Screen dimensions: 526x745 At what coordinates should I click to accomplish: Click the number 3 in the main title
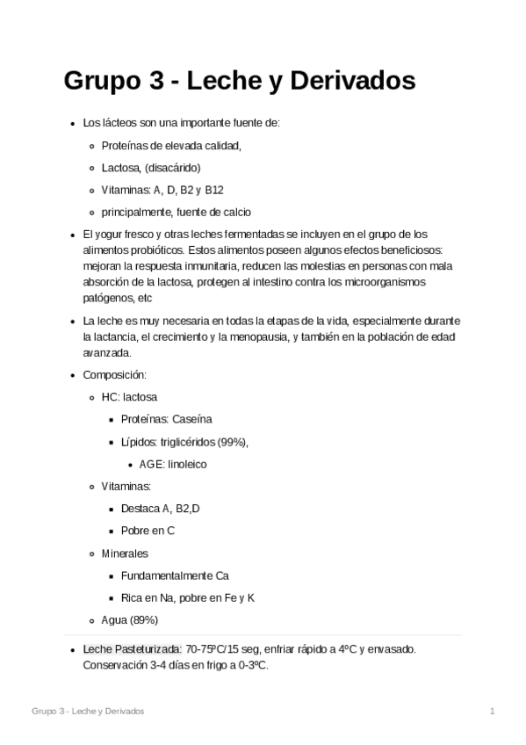[151, 81]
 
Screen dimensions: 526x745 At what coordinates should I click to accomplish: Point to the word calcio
[237, 212]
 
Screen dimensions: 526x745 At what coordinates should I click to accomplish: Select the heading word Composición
[108, 375]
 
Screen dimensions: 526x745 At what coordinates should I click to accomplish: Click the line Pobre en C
[148, 531]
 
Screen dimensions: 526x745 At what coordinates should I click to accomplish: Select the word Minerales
[125, 553]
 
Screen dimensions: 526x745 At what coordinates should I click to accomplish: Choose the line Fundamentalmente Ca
[176, 576]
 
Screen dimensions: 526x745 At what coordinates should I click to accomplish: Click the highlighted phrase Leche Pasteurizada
[132, 649]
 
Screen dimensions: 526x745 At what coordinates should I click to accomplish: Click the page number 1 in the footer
[493, 710]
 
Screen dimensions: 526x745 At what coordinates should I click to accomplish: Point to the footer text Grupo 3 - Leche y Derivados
[88, 710]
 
